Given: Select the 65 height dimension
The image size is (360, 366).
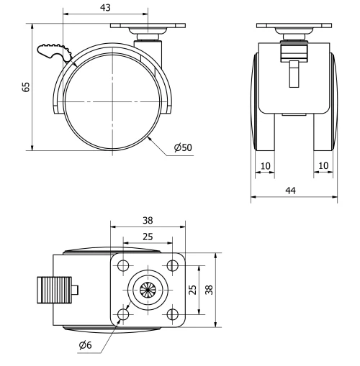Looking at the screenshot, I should tap(26, 87).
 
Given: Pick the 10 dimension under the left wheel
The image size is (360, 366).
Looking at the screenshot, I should tap(265, 166).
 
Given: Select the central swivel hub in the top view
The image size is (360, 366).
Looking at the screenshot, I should tap(148, 290).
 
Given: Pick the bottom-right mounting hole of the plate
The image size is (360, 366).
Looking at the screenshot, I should tap(172, 315).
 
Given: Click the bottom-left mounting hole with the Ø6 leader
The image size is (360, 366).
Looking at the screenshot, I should tap(123, 315).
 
